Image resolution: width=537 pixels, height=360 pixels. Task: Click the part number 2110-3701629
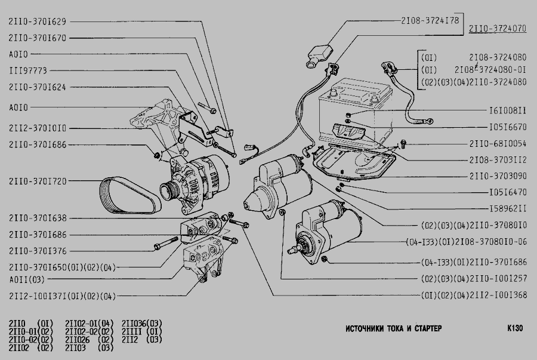[x=38, y=21]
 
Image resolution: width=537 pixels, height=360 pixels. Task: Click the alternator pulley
[x=169, y=193]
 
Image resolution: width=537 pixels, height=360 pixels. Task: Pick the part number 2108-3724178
[x=430, y=20]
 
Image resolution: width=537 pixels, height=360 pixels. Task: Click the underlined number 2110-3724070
[x=497, y=28]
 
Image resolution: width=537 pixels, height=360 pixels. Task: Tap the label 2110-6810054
[x=498, y=144]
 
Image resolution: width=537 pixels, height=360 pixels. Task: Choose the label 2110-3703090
[x=498, y=176]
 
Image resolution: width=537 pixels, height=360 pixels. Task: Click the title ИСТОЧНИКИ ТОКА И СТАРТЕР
[x=393, y=329]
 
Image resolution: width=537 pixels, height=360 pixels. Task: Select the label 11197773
[x=32, y=70]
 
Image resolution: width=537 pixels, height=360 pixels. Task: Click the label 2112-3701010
[x=38, y=128]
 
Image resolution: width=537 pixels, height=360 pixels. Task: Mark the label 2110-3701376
[x=38, y=251]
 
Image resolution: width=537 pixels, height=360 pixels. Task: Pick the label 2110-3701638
[x=38, y=218]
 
